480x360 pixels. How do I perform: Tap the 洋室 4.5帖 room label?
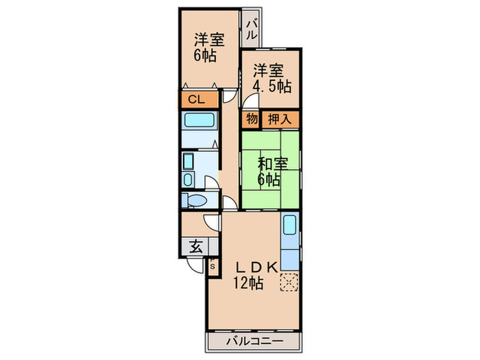tap(272, 78)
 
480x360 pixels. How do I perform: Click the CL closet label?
tap(195, 100)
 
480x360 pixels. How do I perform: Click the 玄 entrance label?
tap(195, 245)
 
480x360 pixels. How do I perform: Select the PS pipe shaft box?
tap(213, 264)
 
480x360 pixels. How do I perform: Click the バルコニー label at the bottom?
tap(254, 341)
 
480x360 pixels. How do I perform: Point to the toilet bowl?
tap(195, 200)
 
